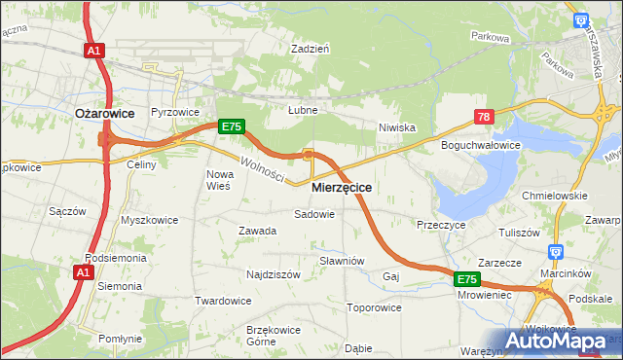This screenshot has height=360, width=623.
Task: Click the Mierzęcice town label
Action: click(342, 186)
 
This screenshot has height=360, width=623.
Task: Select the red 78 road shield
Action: click(484, 117)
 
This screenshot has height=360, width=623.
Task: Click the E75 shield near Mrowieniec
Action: click(467, 279)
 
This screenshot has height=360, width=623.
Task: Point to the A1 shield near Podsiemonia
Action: click(82, 274)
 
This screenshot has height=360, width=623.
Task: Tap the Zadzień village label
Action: click(311, 47)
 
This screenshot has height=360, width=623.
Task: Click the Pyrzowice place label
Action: click(173, 112)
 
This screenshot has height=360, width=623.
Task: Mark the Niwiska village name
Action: click(397, 126)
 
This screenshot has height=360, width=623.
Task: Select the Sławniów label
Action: click(342, 261)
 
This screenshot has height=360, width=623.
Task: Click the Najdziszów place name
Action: click(274, 274)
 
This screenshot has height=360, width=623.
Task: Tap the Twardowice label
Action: click(223, 301)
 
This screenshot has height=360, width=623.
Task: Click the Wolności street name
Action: click(262, 168)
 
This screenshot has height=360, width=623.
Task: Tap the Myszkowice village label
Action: click(149, 220)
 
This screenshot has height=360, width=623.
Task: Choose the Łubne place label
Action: click(303, 110)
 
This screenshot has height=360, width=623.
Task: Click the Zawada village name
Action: click(258, 231)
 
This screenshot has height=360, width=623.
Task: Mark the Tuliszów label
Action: click(519, 233)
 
